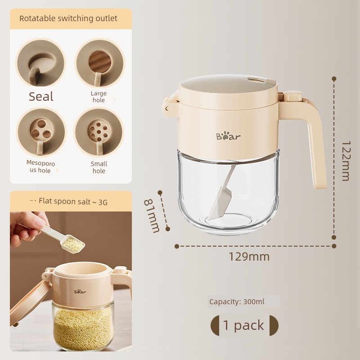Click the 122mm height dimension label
[346, 161]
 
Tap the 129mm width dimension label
[249, 256]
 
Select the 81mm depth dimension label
[152, 216]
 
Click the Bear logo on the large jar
[228, 136]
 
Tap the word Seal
[41, 96]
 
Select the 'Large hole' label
[99, 97]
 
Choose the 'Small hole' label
[99, 167]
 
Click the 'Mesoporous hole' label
[40, 166]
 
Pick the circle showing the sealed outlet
[41, 63]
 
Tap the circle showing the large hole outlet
[99, 63]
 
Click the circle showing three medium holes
[41, 133]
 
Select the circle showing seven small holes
[99, 132]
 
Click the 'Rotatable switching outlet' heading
[68, 18]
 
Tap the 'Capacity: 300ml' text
[237, 301]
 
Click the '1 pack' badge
[244, 325]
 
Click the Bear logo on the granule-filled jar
[80, 292]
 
